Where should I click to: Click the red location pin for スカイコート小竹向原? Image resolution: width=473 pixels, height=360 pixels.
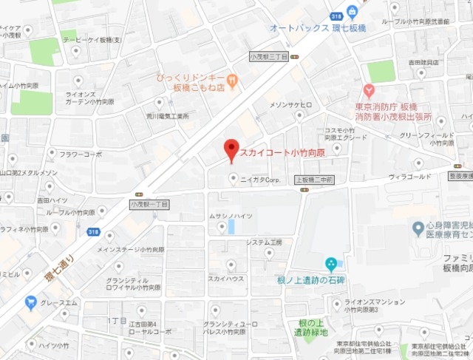[x=231, y=149]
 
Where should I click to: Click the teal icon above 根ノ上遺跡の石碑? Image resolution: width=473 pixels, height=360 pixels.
[x=331, y=262]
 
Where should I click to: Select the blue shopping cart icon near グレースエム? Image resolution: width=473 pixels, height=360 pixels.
[x=30, y=302]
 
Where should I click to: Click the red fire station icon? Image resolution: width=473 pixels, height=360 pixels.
[x=369, y=92]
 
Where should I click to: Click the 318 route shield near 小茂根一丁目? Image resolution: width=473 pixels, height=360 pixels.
[x=93, y=232]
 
